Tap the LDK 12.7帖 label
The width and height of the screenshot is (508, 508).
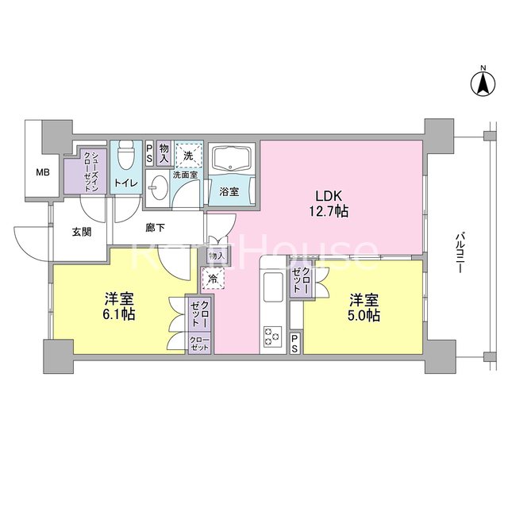[329, 203]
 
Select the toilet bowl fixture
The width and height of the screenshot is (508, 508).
[126, 155]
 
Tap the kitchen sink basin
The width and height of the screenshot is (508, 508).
[273, 287]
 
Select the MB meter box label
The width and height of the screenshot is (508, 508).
[43, 173]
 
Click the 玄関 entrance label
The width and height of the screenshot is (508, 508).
[82, 232]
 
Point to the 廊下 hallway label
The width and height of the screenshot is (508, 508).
[156, 228]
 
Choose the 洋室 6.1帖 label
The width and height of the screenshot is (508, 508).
[119, 306]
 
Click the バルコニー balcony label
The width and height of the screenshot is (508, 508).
[459, 253]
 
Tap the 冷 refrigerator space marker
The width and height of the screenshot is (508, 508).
[214, 278]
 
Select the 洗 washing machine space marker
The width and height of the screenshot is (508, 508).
[189, 155]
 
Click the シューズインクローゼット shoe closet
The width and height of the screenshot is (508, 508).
[85, 171]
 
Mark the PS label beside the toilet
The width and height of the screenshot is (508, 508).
[149, 155]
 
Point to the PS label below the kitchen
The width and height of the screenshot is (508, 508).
[294, 343]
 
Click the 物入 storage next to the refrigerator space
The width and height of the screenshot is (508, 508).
[217, 256]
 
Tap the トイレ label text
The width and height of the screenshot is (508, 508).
[126, 183]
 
